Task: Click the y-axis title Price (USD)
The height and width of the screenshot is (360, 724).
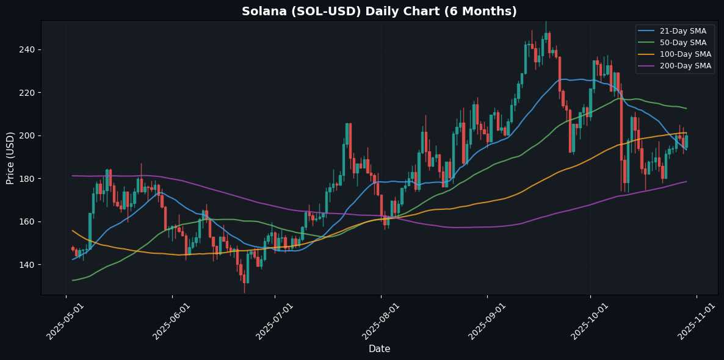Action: coord(10,157)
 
